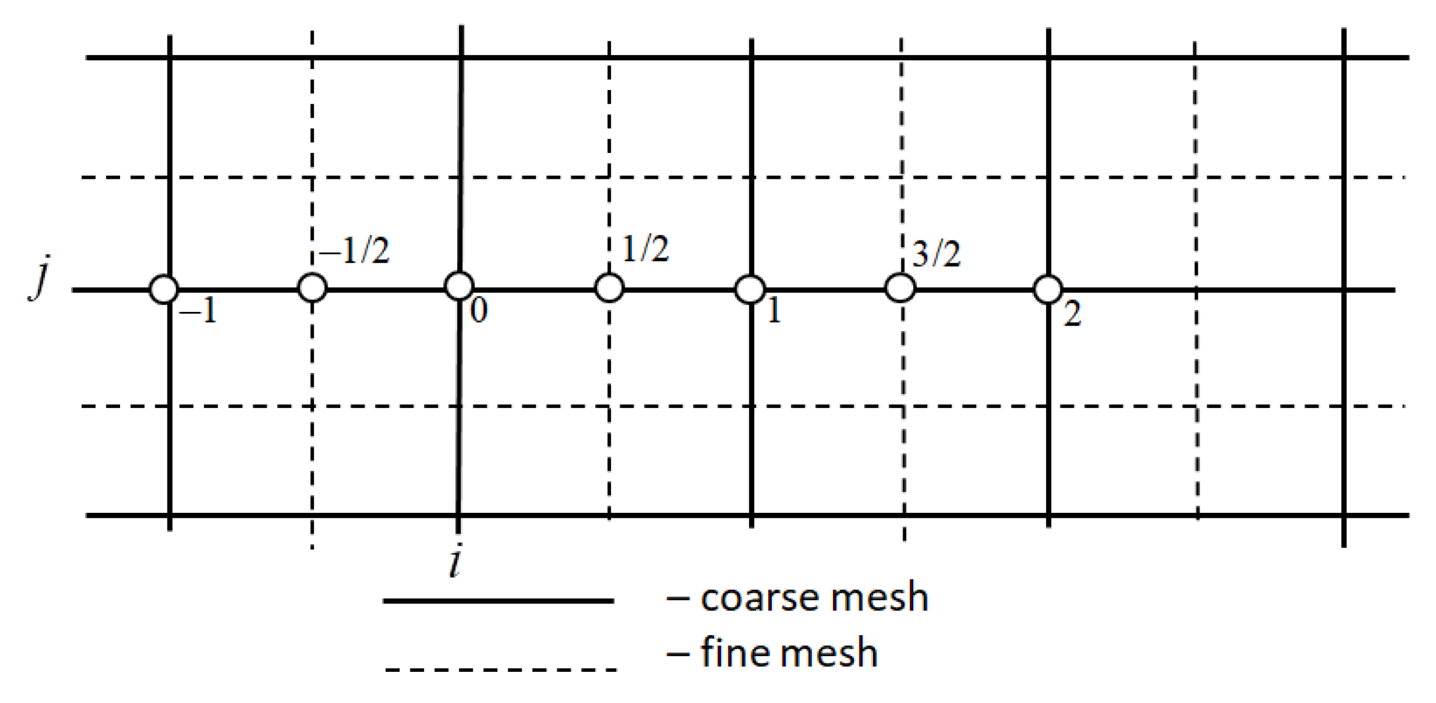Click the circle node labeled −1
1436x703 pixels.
pos(164,290)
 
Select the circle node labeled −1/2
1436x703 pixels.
pos(313,287)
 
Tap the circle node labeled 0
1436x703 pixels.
pos(459,286)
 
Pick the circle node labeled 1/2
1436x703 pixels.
pos(609,288)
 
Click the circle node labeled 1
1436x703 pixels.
pos(750,290)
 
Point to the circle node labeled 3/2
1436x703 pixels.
pos(900,288)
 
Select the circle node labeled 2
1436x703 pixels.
pos(1048,290)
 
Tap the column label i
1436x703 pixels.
pos(455,563)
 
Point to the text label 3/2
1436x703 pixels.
pos(936,254)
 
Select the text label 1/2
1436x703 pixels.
pos(645,249)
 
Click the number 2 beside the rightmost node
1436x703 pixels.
pos(1072,314)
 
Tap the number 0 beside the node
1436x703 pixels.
pos(478,311)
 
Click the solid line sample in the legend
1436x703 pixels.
pos(498,600)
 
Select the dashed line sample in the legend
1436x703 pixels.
pos(501,669)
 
